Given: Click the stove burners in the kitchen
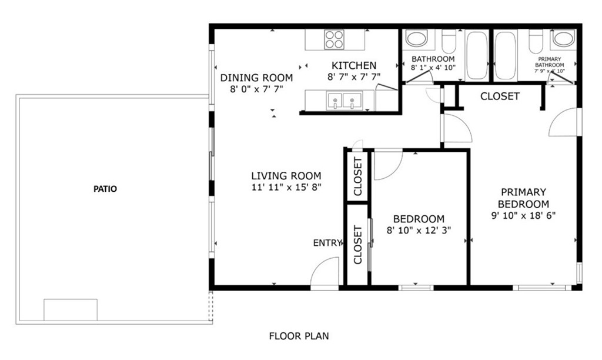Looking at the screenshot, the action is coord(334,39).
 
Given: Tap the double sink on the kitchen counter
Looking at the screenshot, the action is coord(344,101).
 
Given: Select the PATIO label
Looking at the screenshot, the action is coord(105,189).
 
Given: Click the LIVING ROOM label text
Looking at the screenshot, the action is coord(286,176).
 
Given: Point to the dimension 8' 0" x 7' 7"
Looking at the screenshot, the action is coord(256,89).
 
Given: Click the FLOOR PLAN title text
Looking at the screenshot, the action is coord(299,336).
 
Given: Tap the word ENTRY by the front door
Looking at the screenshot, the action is coord(327,243).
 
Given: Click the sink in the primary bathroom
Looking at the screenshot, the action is coord(564,39).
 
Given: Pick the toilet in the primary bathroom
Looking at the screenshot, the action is coord(536,42).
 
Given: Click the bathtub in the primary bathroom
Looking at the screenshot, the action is coord(506,55).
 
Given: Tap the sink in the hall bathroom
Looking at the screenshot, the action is coord(417,39).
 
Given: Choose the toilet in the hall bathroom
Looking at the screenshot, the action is coord(449,42).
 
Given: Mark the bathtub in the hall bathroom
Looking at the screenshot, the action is coord(477,55).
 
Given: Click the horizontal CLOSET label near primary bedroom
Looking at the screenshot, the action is coord(500,96).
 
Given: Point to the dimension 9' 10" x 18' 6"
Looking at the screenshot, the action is coord(523,215).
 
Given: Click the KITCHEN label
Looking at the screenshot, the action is coord(354,65).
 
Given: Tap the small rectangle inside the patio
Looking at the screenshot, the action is coord(71,309).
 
